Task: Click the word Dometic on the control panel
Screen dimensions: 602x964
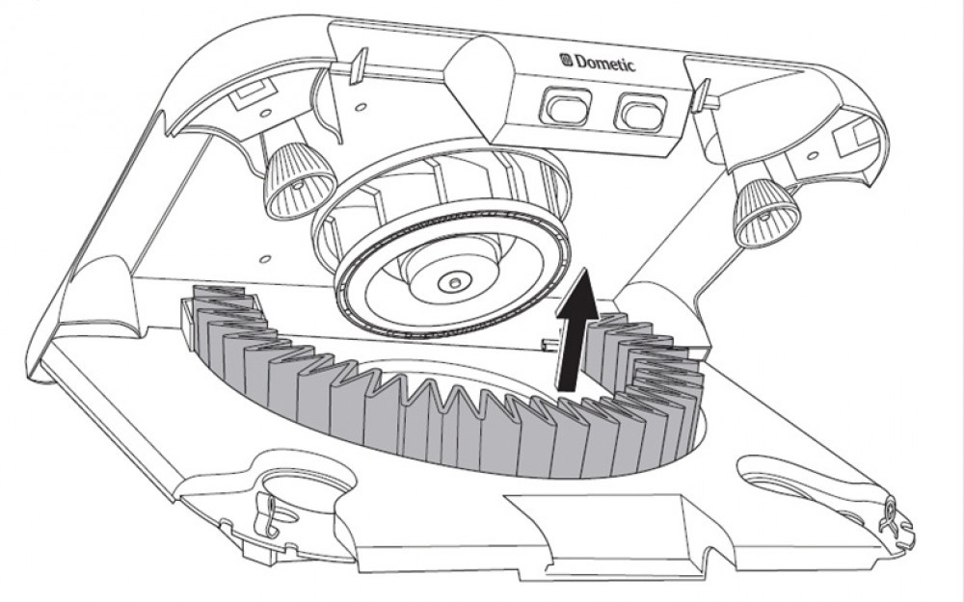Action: pyautogui.click(x=605, y=63)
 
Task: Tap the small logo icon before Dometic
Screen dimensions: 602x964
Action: pyautogui.click(x=566, y=60)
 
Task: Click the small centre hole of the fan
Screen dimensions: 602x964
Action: pyautogui.click(x=453, y=283)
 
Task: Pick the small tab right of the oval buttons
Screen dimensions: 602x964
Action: pyautogui.click(x=701, y=94)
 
